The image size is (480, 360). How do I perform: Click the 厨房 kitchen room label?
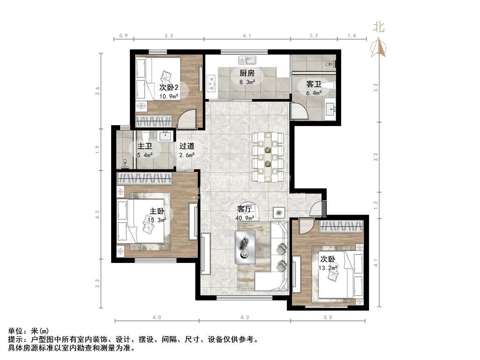point(247,73)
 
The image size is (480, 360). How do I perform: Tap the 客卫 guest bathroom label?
point(314,84)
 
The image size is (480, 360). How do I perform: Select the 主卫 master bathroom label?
point(144,147)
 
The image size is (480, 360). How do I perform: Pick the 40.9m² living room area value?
point(245,217)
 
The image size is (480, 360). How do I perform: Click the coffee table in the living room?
point(245,247)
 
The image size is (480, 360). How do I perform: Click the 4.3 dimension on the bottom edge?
point(245,317)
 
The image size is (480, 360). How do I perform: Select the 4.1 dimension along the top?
point(247,36)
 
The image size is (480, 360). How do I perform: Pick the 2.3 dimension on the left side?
point(97,284)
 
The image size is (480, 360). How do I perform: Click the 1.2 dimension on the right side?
point(375,205)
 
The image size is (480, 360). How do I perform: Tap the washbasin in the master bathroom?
point(165,136)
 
